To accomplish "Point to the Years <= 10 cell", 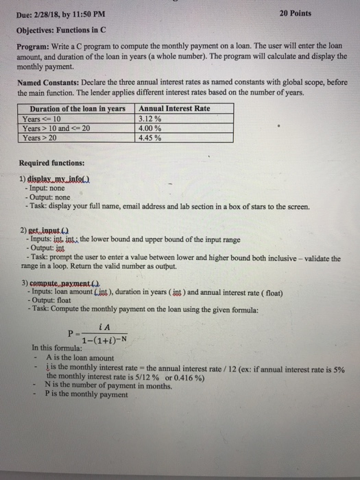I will (43, 119).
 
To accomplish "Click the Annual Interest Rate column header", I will (174, 109).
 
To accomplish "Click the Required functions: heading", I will (51, 164).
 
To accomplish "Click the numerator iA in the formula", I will (104, 327).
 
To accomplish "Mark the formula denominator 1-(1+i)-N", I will (104, 339).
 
